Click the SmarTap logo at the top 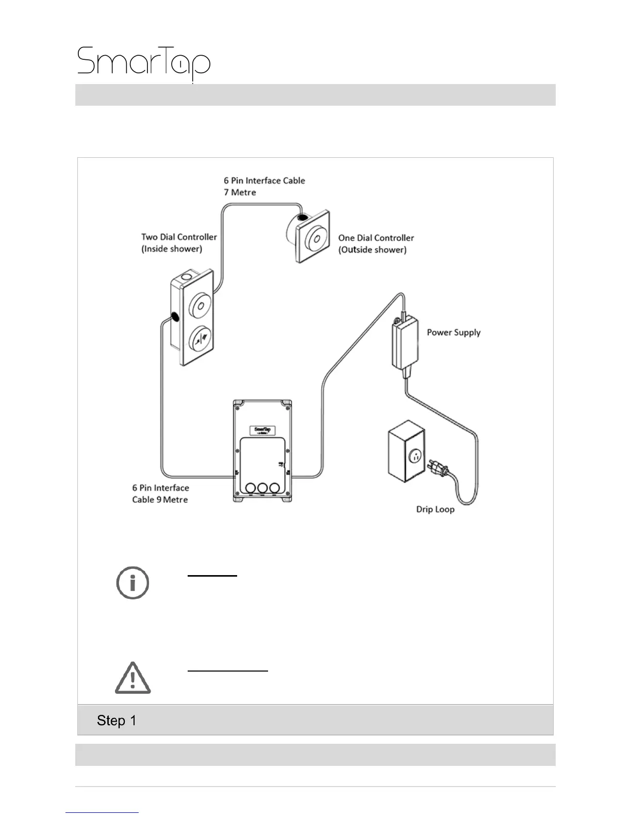(x=144, y=63)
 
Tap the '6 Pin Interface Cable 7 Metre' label (x=264, y=186)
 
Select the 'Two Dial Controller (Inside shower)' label (x=179, y=243)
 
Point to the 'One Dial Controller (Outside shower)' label (x=376, y=243)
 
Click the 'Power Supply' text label (x=453, y=333)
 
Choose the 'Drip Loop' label (x=435, y=510)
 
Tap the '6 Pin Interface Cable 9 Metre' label (x=160, y=494)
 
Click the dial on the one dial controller (x=316, y=238)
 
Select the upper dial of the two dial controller (x=200, y=305)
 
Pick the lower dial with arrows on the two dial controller (x=200, y=338)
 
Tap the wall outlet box (x=406, y=451)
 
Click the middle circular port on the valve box (x=262, y=487)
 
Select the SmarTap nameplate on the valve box (x=262, y=430)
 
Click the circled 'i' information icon (x=132, y=583)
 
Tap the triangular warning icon (x=132, y=678)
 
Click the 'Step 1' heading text (x=117, y=721)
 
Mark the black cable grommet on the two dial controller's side (x=174, y=317)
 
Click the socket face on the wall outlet (x=415, y=456)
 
